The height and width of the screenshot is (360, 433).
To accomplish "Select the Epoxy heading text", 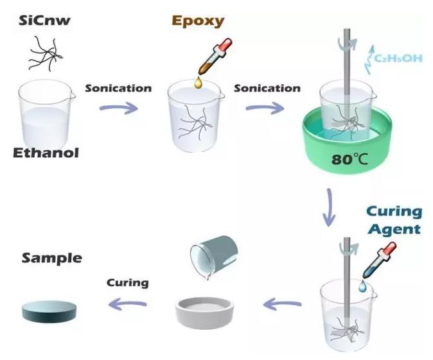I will pos(198,21).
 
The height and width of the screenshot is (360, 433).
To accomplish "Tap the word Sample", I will pos(51,259).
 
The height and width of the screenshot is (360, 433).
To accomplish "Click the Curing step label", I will pos(127,282).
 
